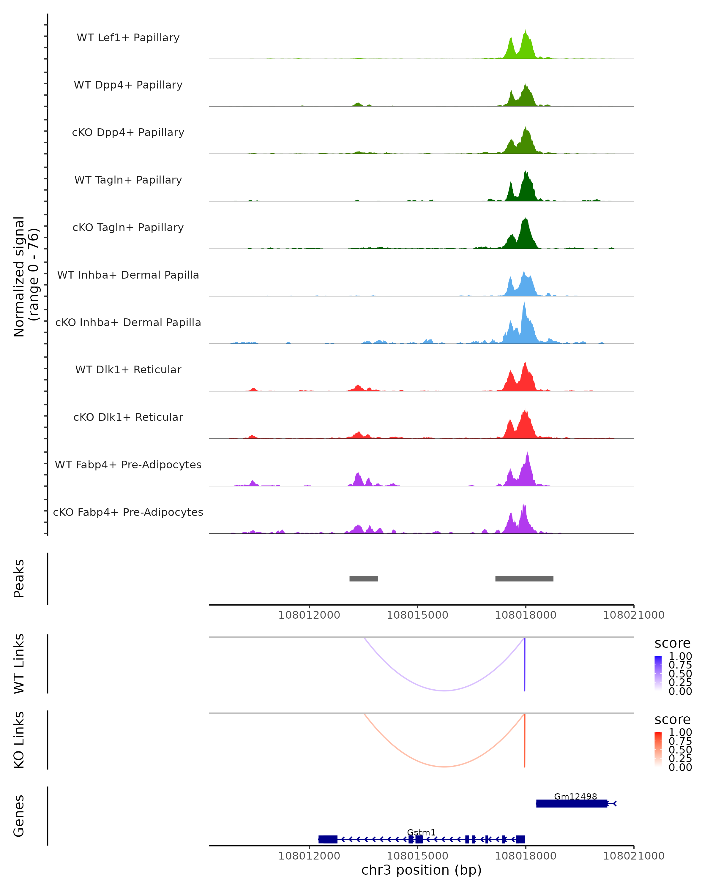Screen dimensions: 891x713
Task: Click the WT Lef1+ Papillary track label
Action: [x=128, y=38]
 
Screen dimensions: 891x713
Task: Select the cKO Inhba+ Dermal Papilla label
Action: [x=128, y=323]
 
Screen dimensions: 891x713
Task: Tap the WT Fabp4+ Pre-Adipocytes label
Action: [x=128, y=465]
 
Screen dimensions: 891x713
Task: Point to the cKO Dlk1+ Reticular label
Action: [x=128, y=417]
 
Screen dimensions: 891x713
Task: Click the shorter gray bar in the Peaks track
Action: [x=363, y=579]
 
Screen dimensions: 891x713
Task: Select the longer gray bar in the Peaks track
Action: [x=524, y=579]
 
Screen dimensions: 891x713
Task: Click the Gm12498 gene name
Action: [x=575, y=796]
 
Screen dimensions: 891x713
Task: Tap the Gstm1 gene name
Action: [x=421, y=832]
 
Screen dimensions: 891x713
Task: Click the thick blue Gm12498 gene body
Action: [x=572, y=803]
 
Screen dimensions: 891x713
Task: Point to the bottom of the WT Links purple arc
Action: [x=444, y=690]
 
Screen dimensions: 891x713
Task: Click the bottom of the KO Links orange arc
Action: [x=444, y=766]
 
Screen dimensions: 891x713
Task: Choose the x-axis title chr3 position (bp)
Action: [x=421, y=870]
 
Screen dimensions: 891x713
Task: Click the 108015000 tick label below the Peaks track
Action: [x=417, y=615]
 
